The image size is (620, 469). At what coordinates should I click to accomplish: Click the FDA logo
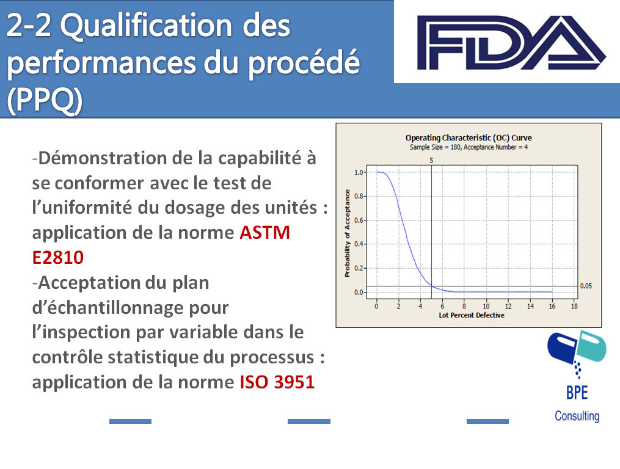pyautogui.click(x=511, y=42)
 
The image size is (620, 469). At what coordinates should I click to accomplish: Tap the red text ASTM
pyautogui.click(x=265, y=233)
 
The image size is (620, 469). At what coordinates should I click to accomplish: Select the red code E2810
pyautogui.click(x=58, y=258)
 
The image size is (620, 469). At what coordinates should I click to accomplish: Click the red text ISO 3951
pyautogui.click(x=277, y=382)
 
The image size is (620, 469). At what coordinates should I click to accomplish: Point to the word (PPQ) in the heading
pyautogui.click(x=45, y=100)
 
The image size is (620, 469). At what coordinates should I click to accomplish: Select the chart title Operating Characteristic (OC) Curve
pyautogui.click(x=469, y=137)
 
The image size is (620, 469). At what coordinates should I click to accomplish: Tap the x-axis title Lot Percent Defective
pyautogui.click(x=472, y=315)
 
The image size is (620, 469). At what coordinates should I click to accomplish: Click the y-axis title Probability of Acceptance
pyautogui.click(x=347, y=233)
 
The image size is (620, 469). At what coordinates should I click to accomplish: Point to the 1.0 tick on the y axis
pyautogui.click(x=359, y=172)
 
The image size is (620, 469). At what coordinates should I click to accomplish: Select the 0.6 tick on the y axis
pyautogui.click(x=359, y=220)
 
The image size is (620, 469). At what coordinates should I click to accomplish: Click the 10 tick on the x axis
pyautogui.click(x=486, y=306)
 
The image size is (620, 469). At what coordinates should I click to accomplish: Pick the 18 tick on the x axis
pyautogui.click(x=574, y=306)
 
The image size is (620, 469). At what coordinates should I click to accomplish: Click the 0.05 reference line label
pyautogui.click(x=586, y=286)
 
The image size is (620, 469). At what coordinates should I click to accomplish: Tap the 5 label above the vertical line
pyautogui.click(x=431, y=161)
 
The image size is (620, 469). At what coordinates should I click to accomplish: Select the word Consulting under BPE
pyautogui.click(x=577, y=416)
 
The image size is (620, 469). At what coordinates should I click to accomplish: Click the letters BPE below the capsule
pyautogui.click(x=577, y=393)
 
